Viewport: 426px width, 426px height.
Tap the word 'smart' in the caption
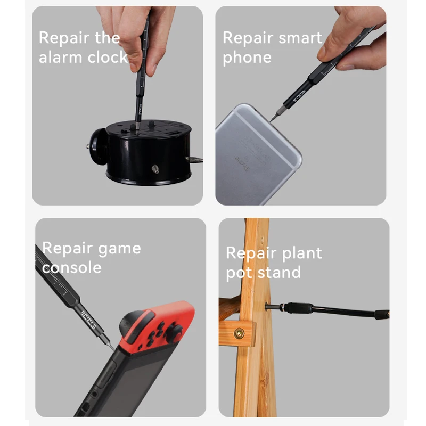(x=300, y=38)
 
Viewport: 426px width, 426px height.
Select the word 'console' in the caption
(x=72, y=268)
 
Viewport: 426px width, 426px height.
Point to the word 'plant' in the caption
(x=301, y=253)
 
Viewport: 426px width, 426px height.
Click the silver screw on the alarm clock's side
(x=155, y=169)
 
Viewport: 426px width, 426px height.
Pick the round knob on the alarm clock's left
(x=99, y=148)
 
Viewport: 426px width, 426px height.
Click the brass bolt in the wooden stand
(x=239, y=333)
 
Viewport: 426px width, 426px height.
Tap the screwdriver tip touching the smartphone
(x=272, y=120)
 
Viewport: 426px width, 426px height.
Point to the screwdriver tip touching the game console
(x=112, y=348)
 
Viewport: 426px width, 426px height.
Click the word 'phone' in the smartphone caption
(x=247, y=58)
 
